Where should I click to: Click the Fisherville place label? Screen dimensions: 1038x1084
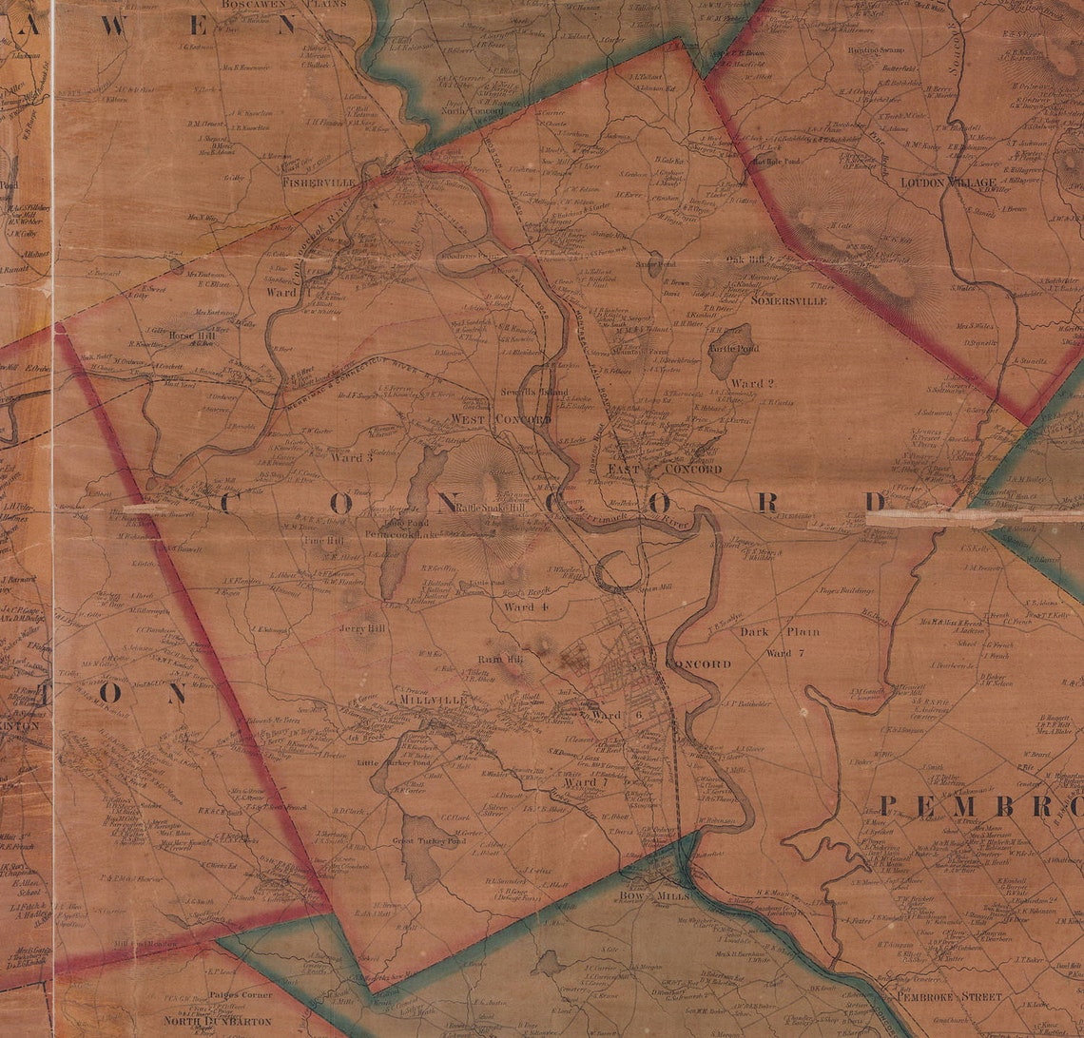[x=319, y=181]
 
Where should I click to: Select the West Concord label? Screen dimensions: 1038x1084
[x=500, y=419]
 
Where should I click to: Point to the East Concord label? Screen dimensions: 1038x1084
[x=666, y=469]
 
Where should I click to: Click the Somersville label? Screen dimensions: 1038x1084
[x=788, y=300]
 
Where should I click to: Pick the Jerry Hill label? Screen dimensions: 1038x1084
[x=363, y=629]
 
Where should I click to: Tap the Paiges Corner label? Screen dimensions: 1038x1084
[x=240, y=994]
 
